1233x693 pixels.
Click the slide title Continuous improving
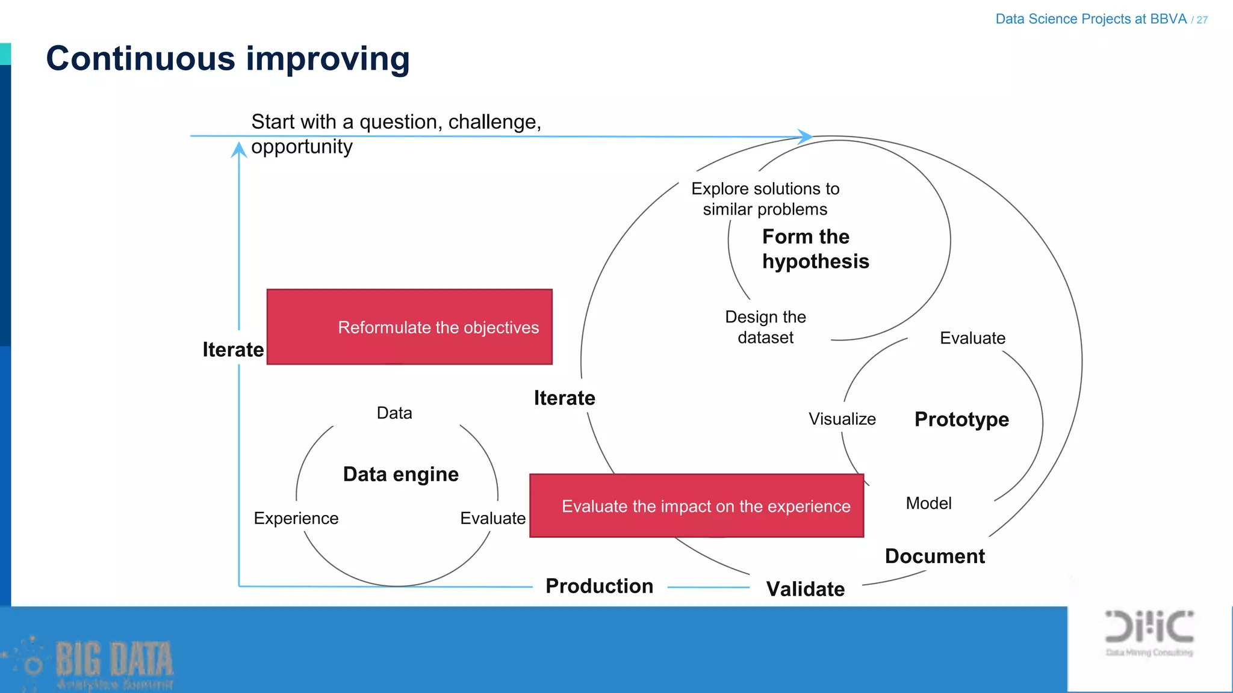tap(228, 59)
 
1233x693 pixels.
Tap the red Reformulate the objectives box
tap(409, 327)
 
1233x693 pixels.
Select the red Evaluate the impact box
tap(697, 506)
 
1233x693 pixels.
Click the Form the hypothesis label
tap(815, 249)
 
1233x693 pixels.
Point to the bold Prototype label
tap(961, 419)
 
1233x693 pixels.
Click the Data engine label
tap(401, 474)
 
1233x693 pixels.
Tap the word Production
tap(599, 586)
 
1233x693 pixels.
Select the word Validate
tap(805, 589)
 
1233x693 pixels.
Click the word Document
tap(934, 556)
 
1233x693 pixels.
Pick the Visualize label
tap(842, 419)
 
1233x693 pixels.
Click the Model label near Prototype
tap(928, 503)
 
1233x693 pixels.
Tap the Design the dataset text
tap(765, 327)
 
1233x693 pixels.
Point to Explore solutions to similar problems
tap(765, 199)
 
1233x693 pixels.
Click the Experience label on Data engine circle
tap(296, 518)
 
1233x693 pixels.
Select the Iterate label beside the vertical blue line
tap(233, 350)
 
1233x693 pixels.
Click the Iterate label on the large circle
tap(564, 398)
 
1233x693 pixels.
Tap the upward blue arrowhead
tap(239, 149)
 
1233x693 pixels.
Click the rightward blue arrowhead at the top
tap(805, 137)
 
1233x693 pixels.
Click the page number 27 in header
tap(1202, 20)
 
